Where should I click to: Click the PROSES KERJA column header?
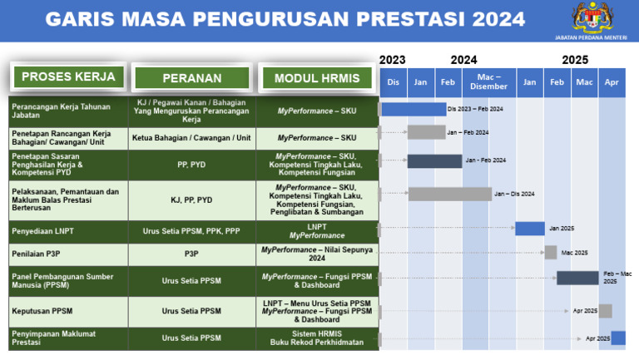[x=68, y=77]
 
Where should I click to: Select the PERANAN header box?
[x=192, y=78]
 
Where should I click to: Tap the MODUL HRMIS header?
[x=317, y=78]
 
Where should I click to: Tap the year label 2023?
[x=392, y=60]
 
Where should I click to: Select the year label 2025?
[x=574, y=60]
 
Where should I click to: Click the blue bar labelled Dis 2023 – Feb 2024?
[x=413, y=109]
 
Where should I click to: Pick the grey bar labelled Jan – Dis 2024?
[x=449, y=194]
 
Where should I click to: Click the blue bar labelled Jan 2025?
[x=529, y=228]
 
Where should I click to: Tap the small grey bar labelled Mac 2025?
[x=550, y=252]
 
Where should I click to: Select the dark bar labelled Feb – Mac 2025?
[x=577, y=278]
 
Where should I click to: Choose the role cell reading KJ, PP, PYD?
[x=192, y=200]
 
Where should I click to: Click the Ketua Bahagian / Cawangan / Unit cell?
[x=192, y=138]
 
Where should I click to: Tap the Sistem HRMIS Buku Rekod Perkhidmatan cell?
[x=317, y=338]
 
